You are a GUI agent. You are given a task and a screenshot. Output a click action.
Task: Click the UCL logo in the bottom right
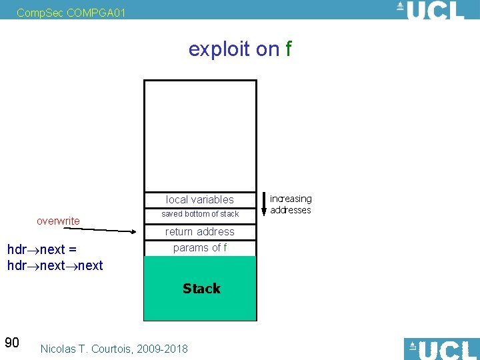point(441,349)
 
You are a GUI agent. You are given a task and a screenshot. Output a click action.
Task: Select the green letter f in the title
point(288,49)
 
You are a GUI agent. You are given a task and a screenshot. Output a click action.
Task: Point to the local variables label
point(200,199)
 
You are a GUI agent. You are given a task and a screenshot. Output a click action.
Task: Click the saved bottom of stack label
point(200,214)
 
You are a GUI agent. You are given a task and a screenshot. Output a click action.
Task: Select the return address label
point(200,231)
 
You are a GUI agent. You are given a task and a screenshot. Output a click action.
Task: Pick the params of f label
point(200,247)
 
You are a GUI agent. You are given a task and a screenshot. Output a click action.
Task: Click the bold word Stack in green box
point(201,288)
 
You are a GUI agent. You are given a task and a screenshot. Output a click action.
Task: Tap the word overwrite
point(58,221)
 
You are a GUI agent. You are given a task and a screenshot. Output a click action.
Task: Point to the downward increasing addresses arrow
point(264,203)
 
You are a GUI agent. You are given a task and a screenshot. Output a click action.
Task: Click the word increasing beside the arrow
point(291,199)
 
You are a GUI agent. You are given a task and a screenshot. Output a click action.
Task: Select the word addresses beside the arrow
point(291,210)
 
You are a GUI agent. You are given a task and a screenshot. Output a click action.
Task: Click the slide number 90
point(12,343)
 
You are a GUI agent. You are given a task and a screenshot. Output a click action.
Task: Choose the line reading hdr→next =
point(41,249)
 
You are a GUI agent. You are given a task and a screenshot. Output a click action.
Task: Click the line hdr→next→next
point(55,265)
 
